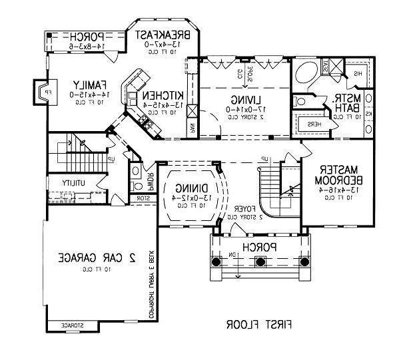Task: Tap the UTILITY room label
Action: (x=77, y=182)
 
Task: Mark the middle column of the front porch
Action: (x=259, y=262)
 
